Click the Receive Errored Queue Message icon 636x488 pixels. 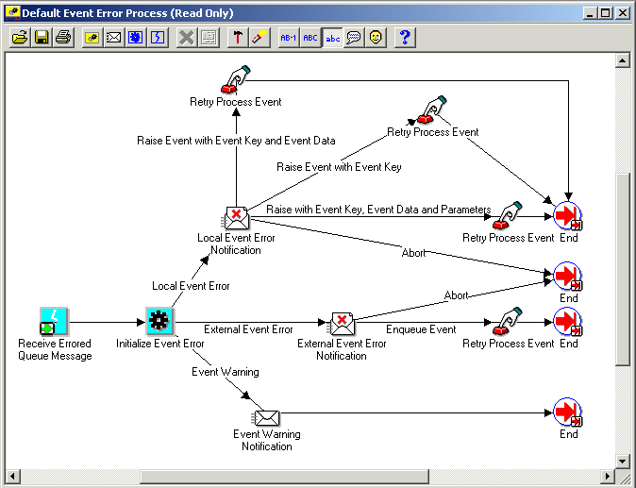(x=55, y=321)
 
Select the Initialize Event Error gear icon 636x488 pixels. (x=159, y=321)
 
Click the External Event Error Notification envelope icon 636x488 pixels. (x=342, y=323)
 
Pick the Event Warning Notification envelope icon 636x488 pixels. (x=267, y=416)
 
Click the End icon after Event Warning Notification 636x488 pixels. (x=567, y=412)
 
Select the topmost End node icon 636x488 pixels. (x=567, y=216)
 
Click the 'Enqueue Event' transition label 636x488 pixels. (x=421, y=329)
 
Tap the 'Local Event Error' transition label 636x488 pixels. (x=191, y=285)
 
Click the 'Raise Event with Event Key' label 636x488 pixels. (x=339, y=167)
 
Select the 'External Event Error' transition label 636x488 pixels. (x=248, y=329)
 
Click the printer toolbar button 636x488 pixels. (x=62, y=38)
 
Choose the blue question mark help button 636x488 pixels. (x=404, y=38)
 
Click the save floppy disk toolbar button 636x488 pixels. (x=42, y=38)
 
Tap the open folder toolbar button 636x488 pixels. (x=20, y=38)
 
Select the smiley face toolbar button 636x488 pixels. (x=376, y=38)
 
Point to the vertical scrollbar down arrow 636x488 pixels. (x=622, y=461)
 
